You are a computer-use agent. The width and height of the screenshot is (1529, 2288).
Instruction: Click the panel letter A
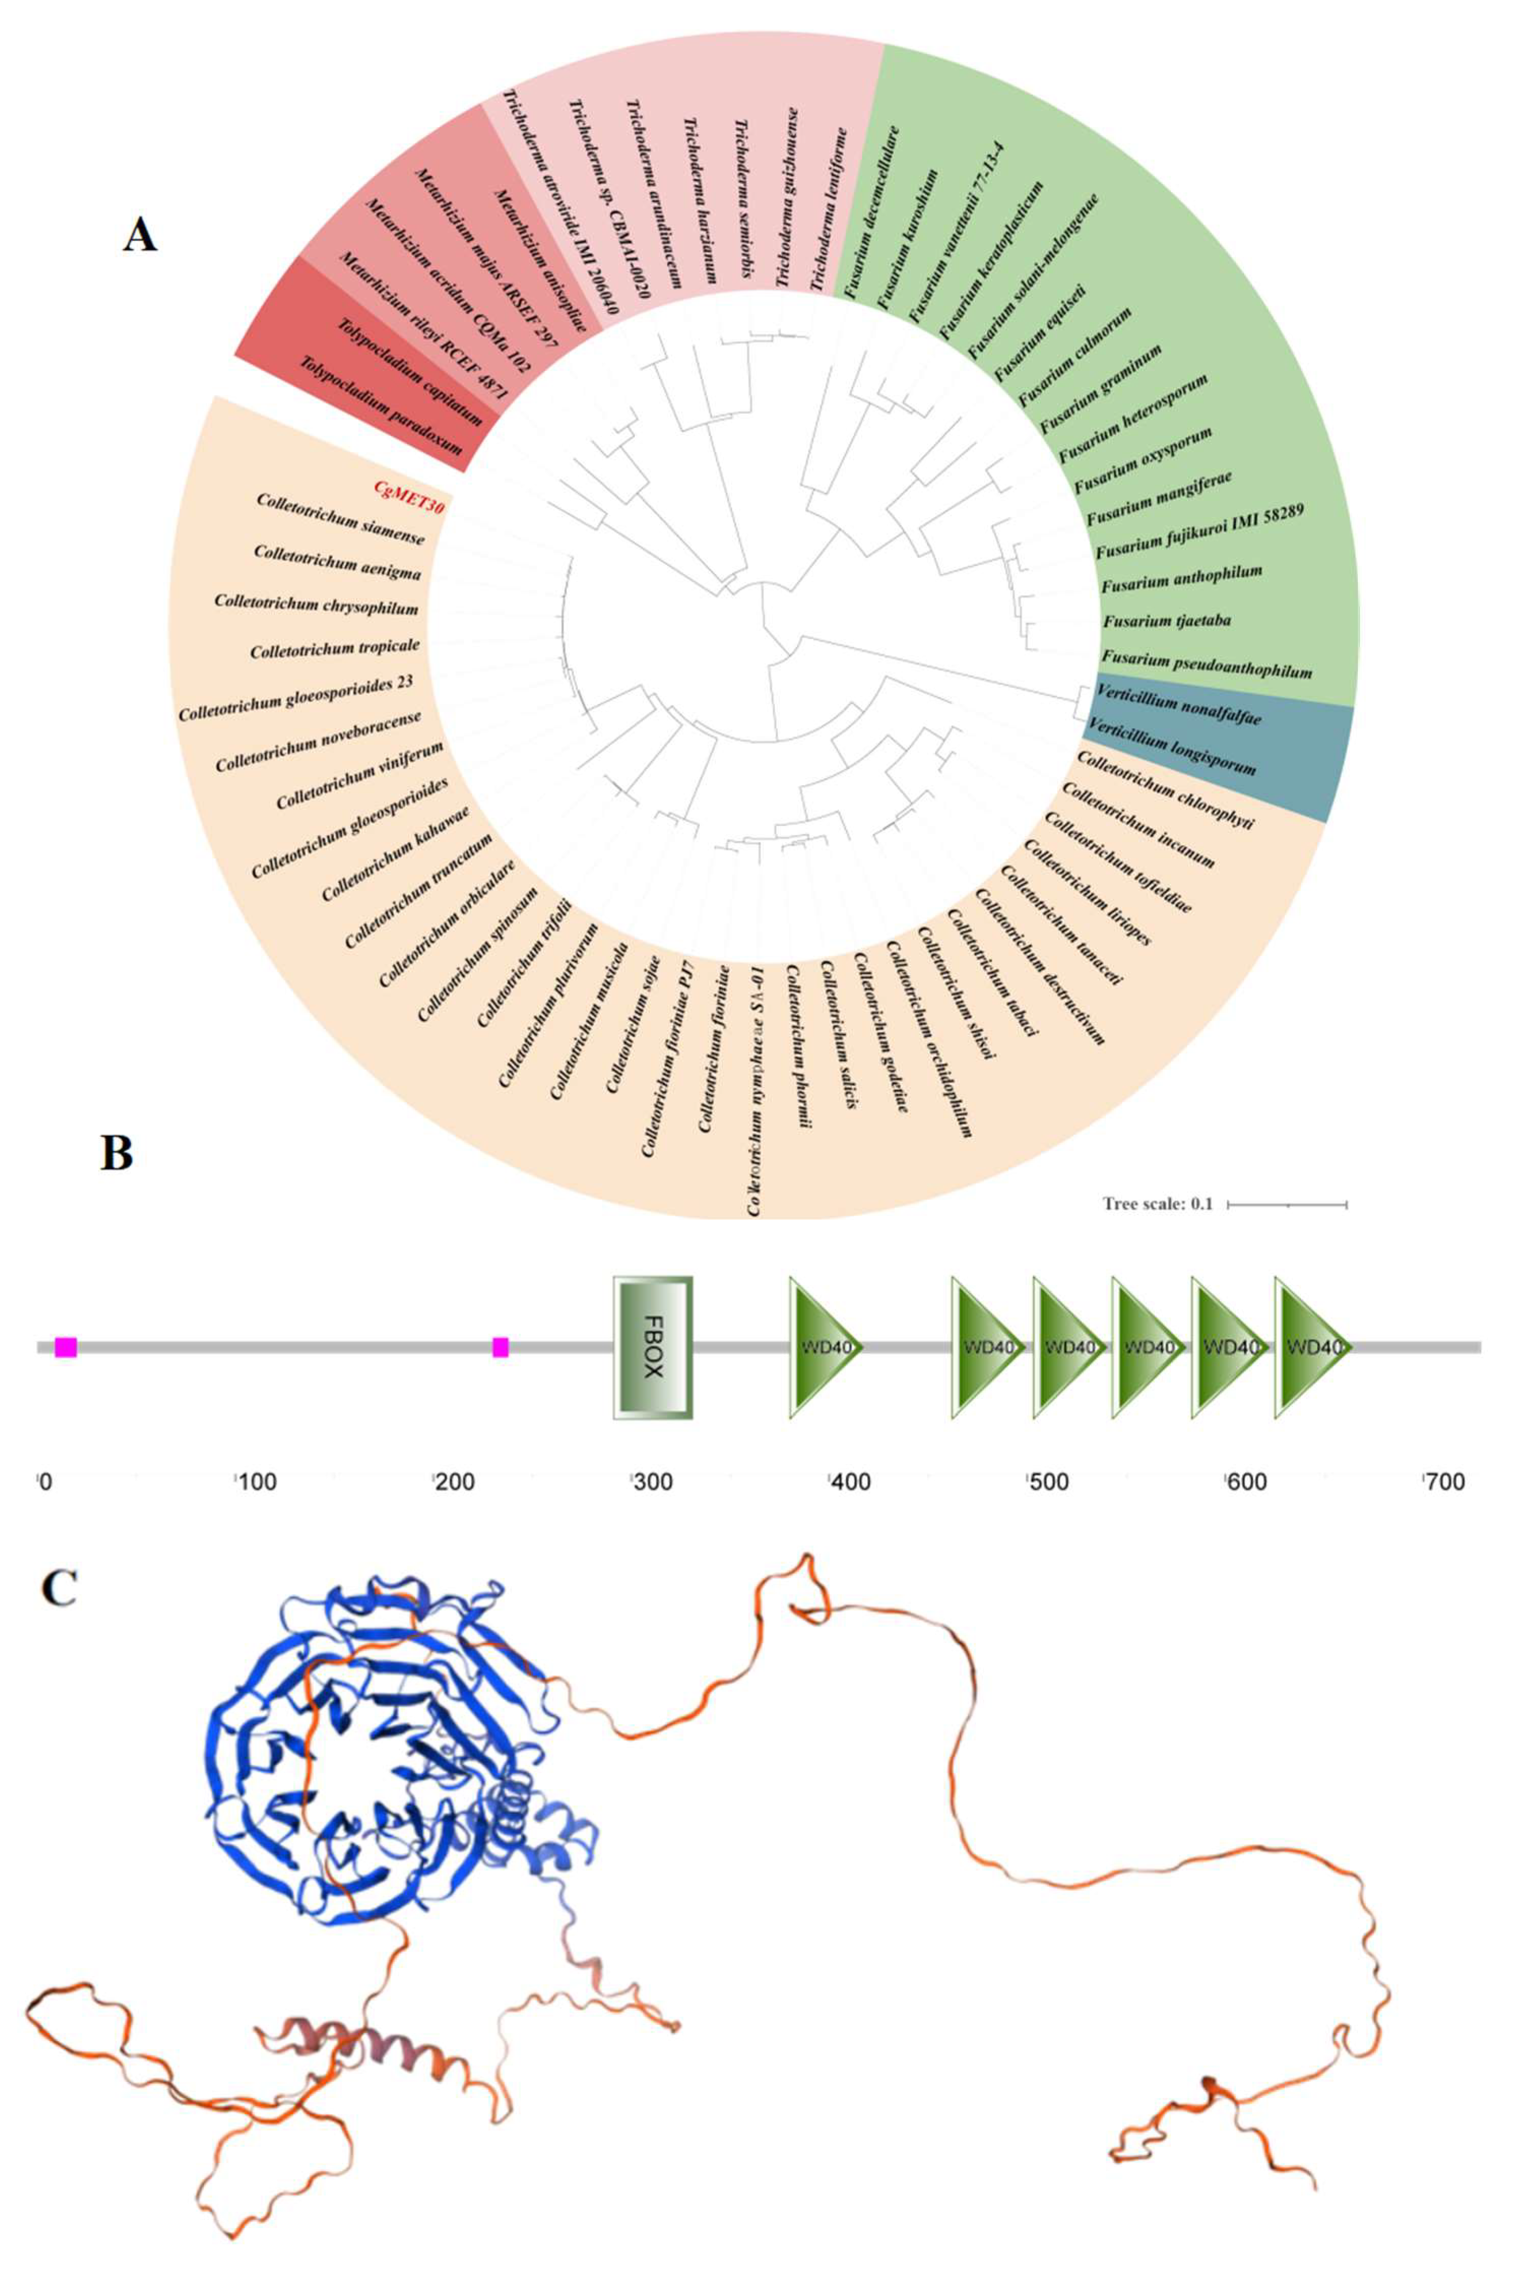click(140, 235)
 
